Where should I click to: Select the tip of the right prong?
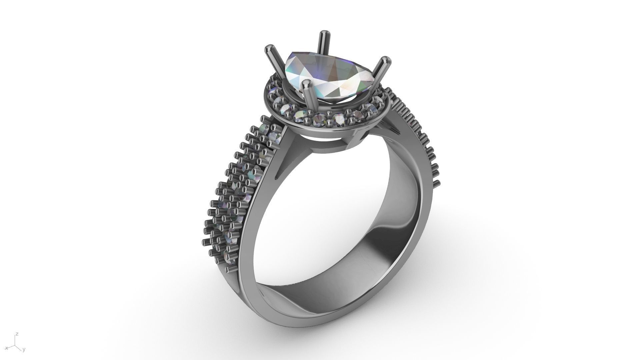[x=386, y=61]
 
